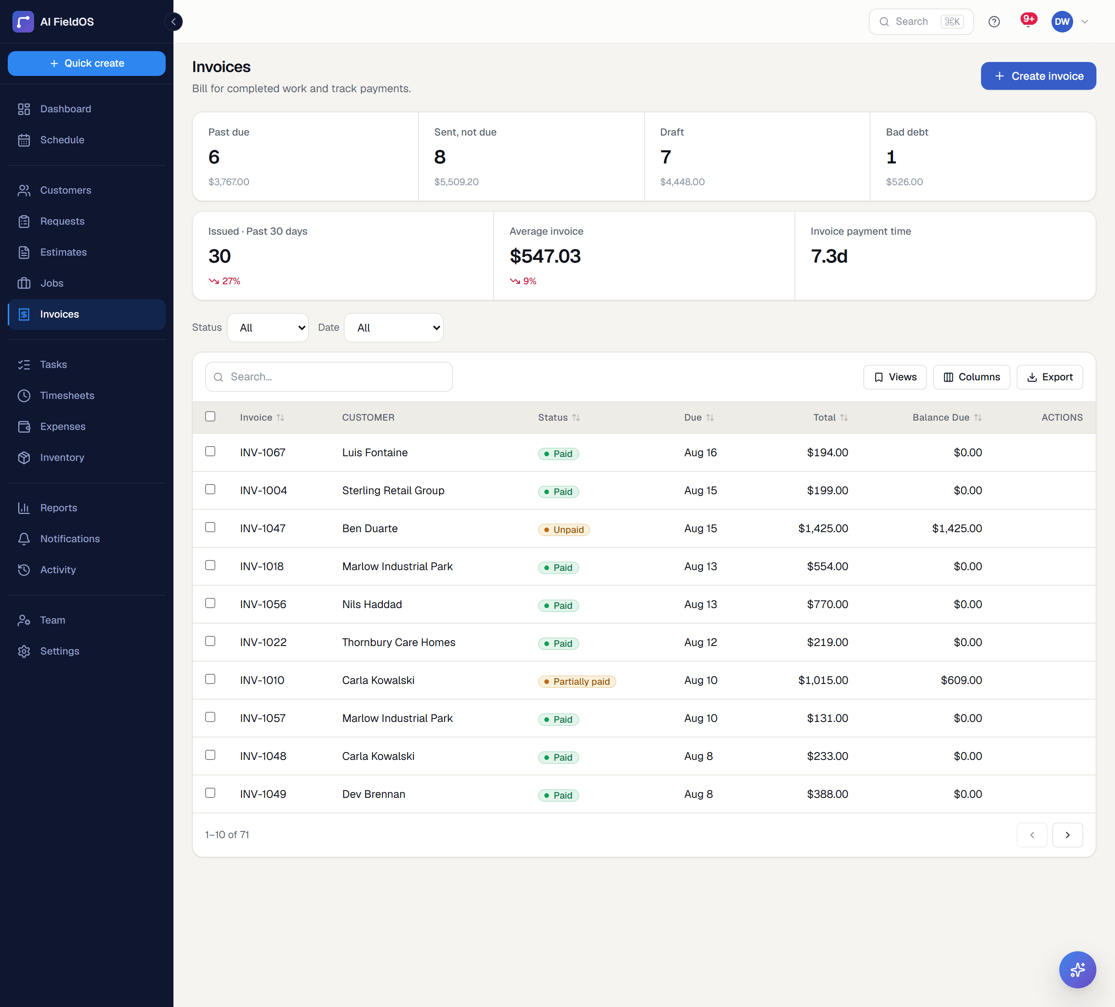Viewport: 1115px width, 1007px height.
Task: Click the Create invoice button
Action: (1038, 76)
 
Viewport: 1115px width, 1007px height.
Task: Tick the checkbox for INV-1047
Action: (210, 527)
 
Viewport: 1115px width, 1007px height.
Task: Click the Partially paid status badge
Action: (577, 681)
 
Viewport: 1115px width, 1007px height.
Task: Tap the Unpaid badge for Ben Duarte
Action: (564, 529)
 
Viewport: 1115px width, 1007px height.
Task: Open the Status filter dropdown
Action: (268, 328)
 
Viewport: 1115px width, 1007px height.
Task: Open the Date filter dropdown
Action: (394, 328)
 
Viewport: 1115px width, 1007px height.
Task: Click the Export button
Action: (1049, 377)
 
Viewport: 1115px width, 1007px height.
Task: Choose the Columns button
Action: (971, 377)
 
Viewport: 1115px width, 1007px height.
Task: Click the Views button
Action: (895, 377)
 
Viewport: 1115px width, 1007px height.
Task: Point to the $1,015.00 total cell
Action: (823, 680)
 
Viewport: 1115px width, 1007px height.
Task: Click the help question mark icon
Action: (994, 22)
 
